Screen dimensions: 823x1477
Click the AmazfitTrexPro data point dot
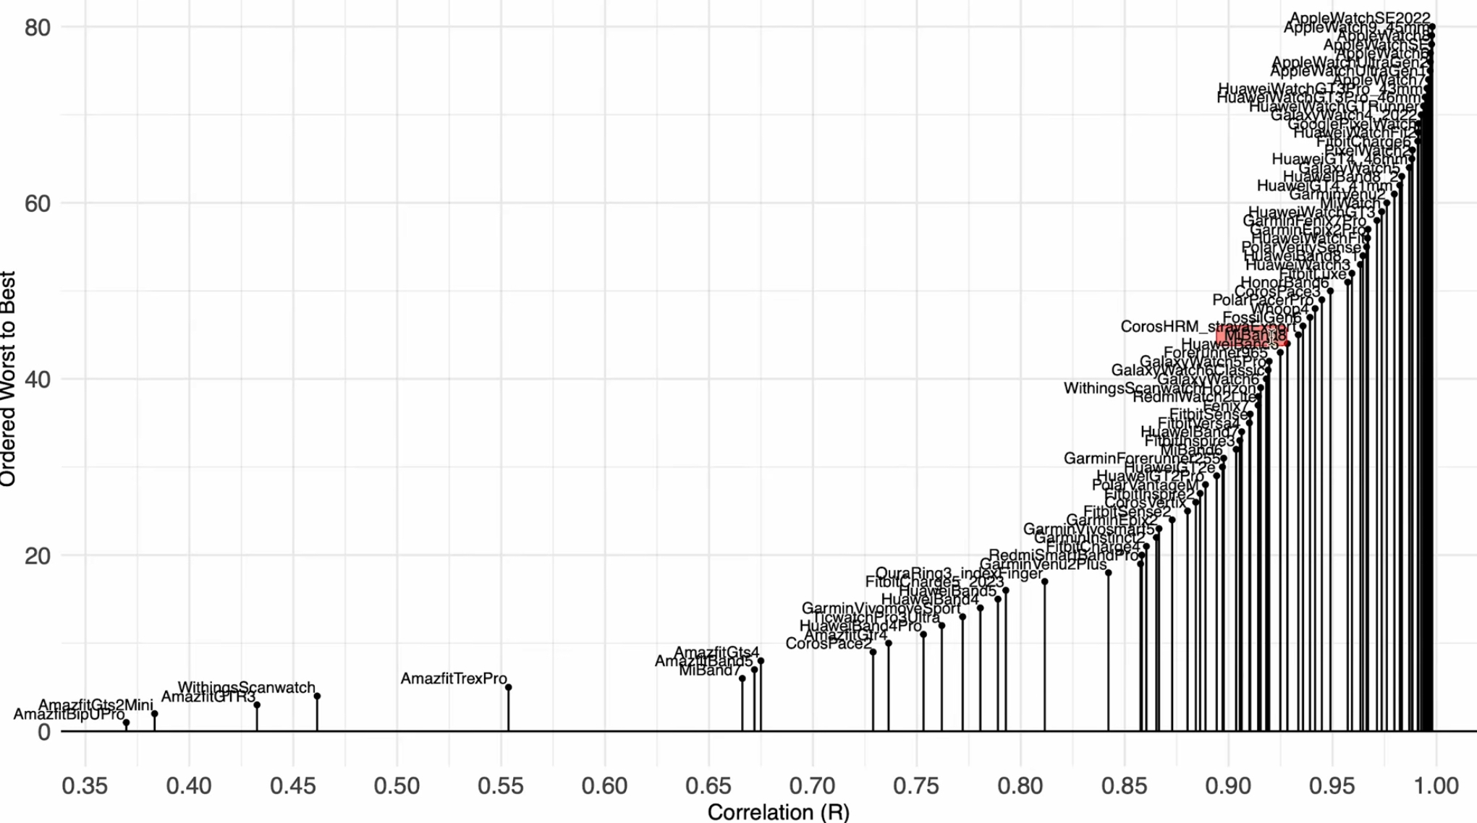(x=509, y=688)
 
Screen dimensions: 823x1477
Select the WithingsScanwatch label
(x=246, y=688)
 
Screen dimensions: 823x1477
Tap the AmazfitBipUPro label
(x=69, y=715)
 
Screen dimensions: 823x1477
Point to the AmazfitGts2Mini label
(x=96, y=705)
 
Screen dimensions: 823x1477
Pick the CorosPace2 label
(x=828, y=644)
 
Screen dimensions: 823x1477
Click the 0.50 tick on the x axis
(x=397, y=786)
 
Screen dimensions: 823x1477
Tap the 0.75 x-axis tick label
(x=916, y=786)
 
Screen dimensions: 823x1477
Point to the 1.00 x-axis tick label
(x=1436, y=786)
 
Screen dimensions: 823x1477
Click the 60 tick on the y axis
(x=37, y=203)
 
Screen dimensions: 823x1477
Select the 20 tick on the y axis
(x=37, y=555)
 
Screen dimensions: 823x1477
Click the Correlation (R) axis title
(x=778, y=812)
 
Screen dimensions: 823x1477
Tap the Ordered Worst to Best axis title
(x=9, y=378)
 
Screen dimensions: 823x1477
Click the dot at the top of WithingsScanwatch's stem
(x=317, y=696)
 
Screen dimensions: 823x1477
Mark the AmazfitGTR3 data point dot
(x=257, y=705)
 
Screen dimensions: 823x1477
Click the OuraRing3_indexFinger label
(x=959, y=574)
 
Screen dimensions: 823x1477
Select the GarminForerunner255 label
(x=1141, y=459)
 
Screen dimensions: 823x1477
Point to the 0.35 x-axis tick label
(x=85, y=786)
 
